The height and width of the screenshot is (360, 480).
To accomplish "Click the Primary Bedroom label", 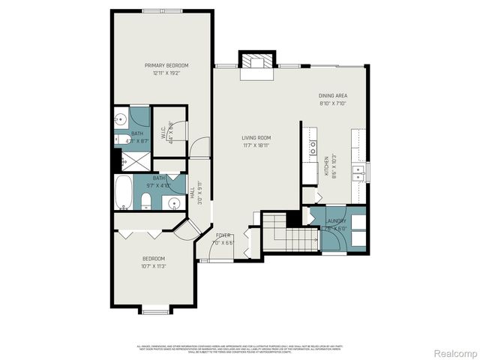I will click(166, 65).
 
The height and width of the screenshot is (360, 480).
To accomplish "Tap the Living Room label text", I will click(256, 138).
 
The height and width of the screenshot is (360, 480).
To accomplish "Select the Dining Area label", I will click(334, 96).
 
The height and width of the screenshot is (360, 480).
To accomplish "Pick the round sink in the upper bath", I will click(120, 119).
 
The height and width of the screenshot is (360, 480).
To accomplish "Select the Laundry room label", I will click(337, 221).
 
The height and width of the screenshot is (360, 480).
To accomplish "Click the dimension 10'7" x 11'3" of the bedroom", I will click(154, 265).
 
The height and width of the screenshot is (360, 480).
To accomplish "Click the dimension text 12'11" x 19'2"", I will click(166, 73).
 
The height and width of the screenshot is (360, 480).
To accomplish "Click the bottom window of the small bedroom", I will click(156, 310).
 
